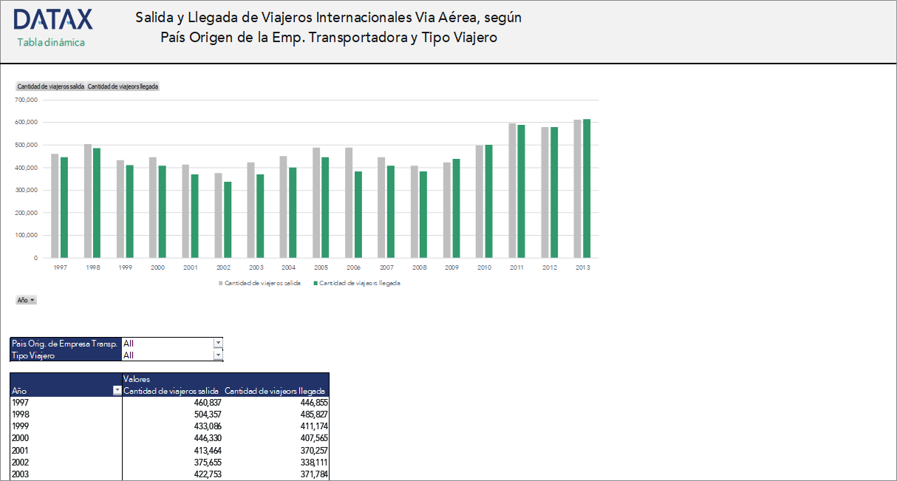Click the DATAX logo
click(x=52, y=20)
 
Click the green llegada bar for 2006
click(x=358, y=214)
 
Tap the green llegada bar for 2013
click(x=587, y=188)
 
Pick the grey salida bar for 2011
click(x=512, y=191)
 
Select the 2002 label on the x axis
click(x=223, y=267)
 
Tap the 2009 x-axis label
click(x=451, y=267)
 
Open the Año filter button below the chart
click(x=26, y=300)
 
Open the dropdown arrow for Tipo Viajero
click(x=218, y=355)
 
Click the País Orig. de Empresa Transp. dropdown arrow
click(x=218, y=343)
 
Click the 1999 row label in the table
click(x=20, y=426)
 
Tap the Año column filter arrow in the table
click(x=117, y=391)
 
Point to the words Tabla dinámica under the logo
click(x=51, y=42)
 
